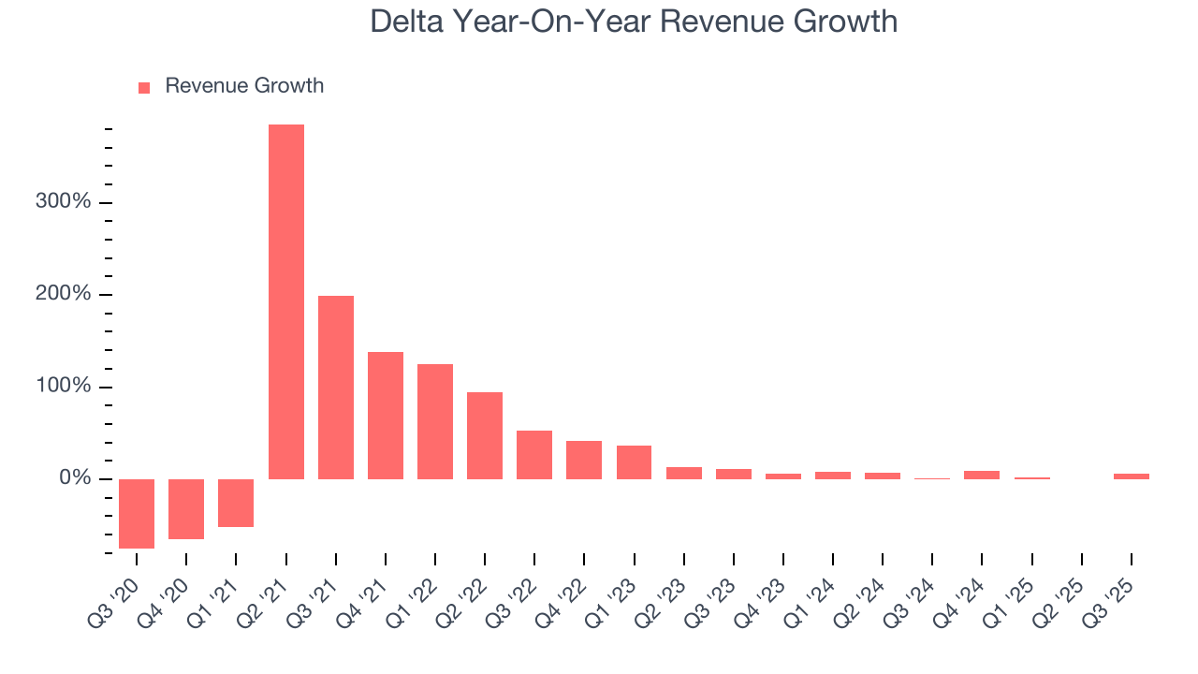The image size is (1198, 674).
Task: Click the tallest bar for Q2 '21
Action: (x=285, y=301)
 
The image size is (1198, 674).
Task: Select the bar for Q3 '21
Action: (x=336, y=388)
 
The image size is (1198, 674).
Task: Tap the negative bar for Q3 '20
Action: (x=137, y=513)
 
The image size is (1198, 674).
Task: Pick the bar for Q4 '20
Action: (x=186, y=508)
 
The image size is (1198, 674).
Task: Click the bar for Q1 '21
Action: (x=236, y=503)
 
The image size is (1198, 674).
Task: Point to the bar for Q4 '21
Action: (x=386, y=416)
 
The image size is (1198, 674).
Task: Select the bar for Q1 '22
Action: (x=435, y=421)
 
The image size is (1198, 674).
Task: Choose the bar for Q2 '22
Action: (x=485, y=435)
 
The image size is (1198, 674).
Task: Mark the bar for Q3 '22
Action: (x=534, y=455)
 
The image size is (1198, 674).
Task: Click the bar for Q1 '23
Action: (x=634, y=462)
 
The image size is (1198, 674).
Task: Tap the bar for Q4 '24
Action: (x=982, y=475)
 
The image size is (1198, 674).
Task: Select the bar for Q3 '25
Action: (x=1131, y=476)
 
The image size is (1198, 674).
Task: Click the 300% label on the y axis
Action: (x=65, y=202)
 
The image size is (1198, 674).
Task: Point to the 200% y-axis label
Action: (x=65, y=294)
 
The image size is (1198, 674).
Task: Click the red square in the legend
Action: (x=144, y=87)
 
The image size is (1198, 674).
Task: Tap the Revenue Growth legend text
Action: (x=244, y=86)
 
